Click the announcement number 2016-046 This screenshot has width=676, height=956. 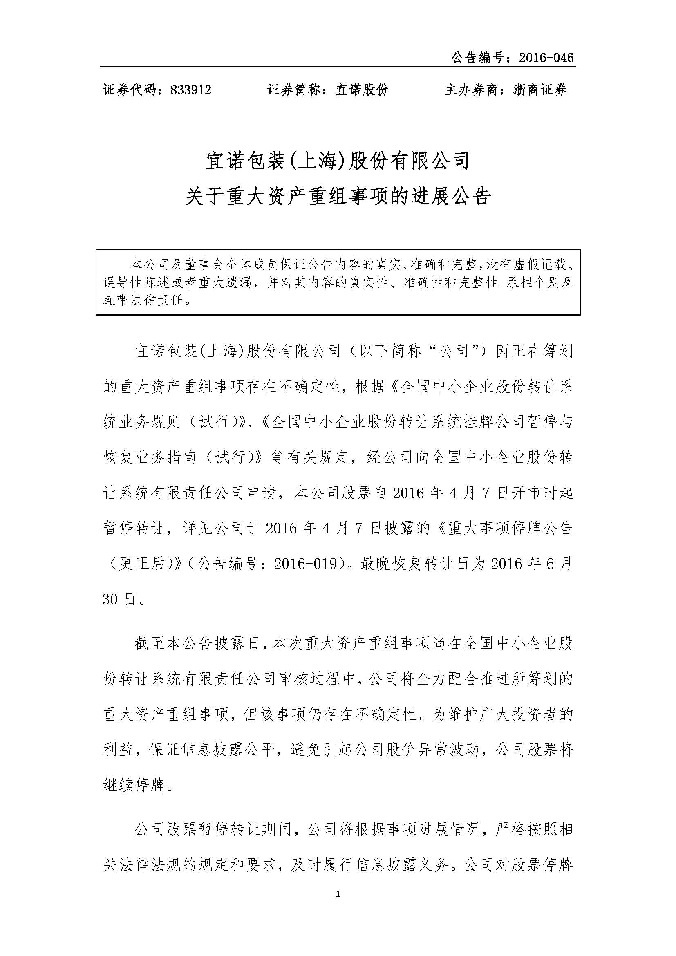point(546,58)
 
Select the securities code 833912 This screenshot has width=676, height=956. point(191,90)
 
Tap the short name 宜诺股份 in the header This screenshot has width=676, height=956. point(362,90)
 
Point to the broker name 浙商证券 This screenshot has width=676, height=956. point(540,90)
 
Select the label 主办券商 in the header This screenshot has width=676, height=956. point(472,90)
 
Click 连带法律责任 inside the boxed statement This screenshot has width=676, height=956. point(143,300)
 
